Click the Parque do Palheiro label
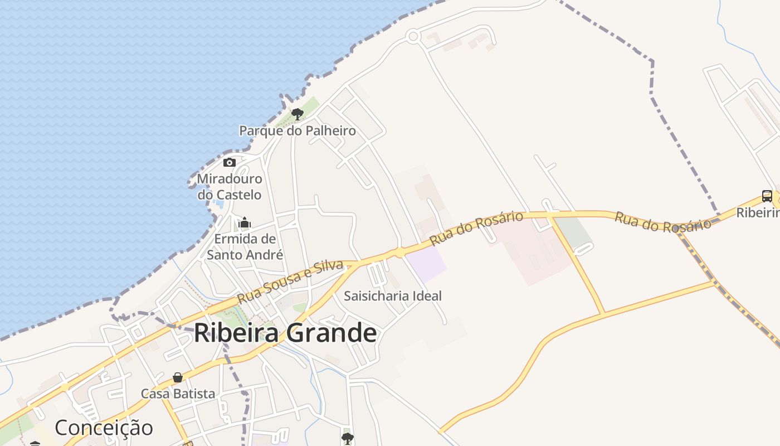click(x=297, y=130)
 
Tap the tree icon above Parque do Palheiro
click(x=297, y=114)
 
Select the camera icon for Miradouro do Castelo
click(x=229, y=163)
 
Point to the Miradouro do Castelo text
click(x=230, y=187)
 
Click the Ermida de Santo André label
click(x=245, y=247)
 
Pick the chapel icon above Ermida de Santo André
click(x=245, y=223)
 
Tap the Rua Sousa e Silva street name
click(x=289, y=282)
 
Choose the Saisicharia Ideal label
click(x=392, y=295)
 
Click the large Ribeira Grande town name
click(x=285, y=333)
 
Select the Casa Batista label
click(x=178, y=394)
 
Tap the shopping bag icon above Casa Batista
click(x=178, y=377)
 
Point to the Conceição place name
click(x=104, y=428)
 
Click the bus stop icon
click(x=767, y=196)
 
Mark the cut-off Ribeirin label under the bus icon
click(x=758, y=212)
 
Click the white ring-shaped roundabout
click(x=413, y=37)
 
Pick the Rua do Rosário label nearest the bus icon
click(x=662, y=222)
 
